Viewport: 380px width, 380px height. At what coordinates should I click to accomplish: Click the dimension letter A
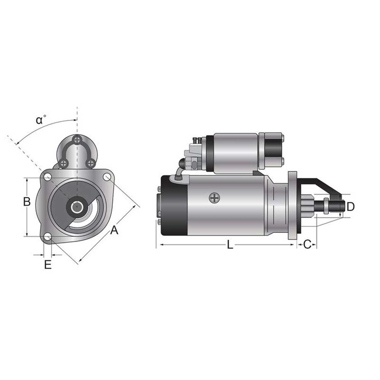114,230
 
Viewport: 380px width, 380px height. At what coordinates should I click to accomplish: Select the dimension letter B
26,202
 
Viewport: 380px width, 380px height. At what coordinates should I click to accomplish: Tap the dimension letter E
48,265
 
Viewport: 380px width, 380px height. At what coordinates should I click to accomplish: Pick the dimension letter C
307,245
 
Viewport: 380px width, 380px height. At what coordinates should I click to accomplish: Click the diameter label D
350,207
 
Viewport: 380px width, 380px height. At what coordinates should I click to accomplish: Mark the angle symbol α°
41,120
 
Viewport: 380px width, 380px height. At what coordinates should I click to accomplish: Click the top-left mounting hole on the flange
48,177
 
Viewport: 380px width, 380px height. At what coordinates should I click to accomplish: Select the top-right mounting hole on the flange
107,177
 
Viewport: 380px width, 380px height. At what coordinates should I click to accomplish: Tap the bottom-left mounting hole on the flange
48,237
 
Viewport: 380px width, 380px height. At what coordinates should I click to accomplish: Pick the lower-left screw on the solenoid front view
64,163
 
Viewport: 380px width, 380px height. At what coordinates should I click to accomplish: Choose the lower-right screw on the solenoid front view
91,163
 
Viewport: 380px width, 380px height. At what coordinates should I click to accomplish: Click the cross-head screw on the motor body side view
214,199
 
